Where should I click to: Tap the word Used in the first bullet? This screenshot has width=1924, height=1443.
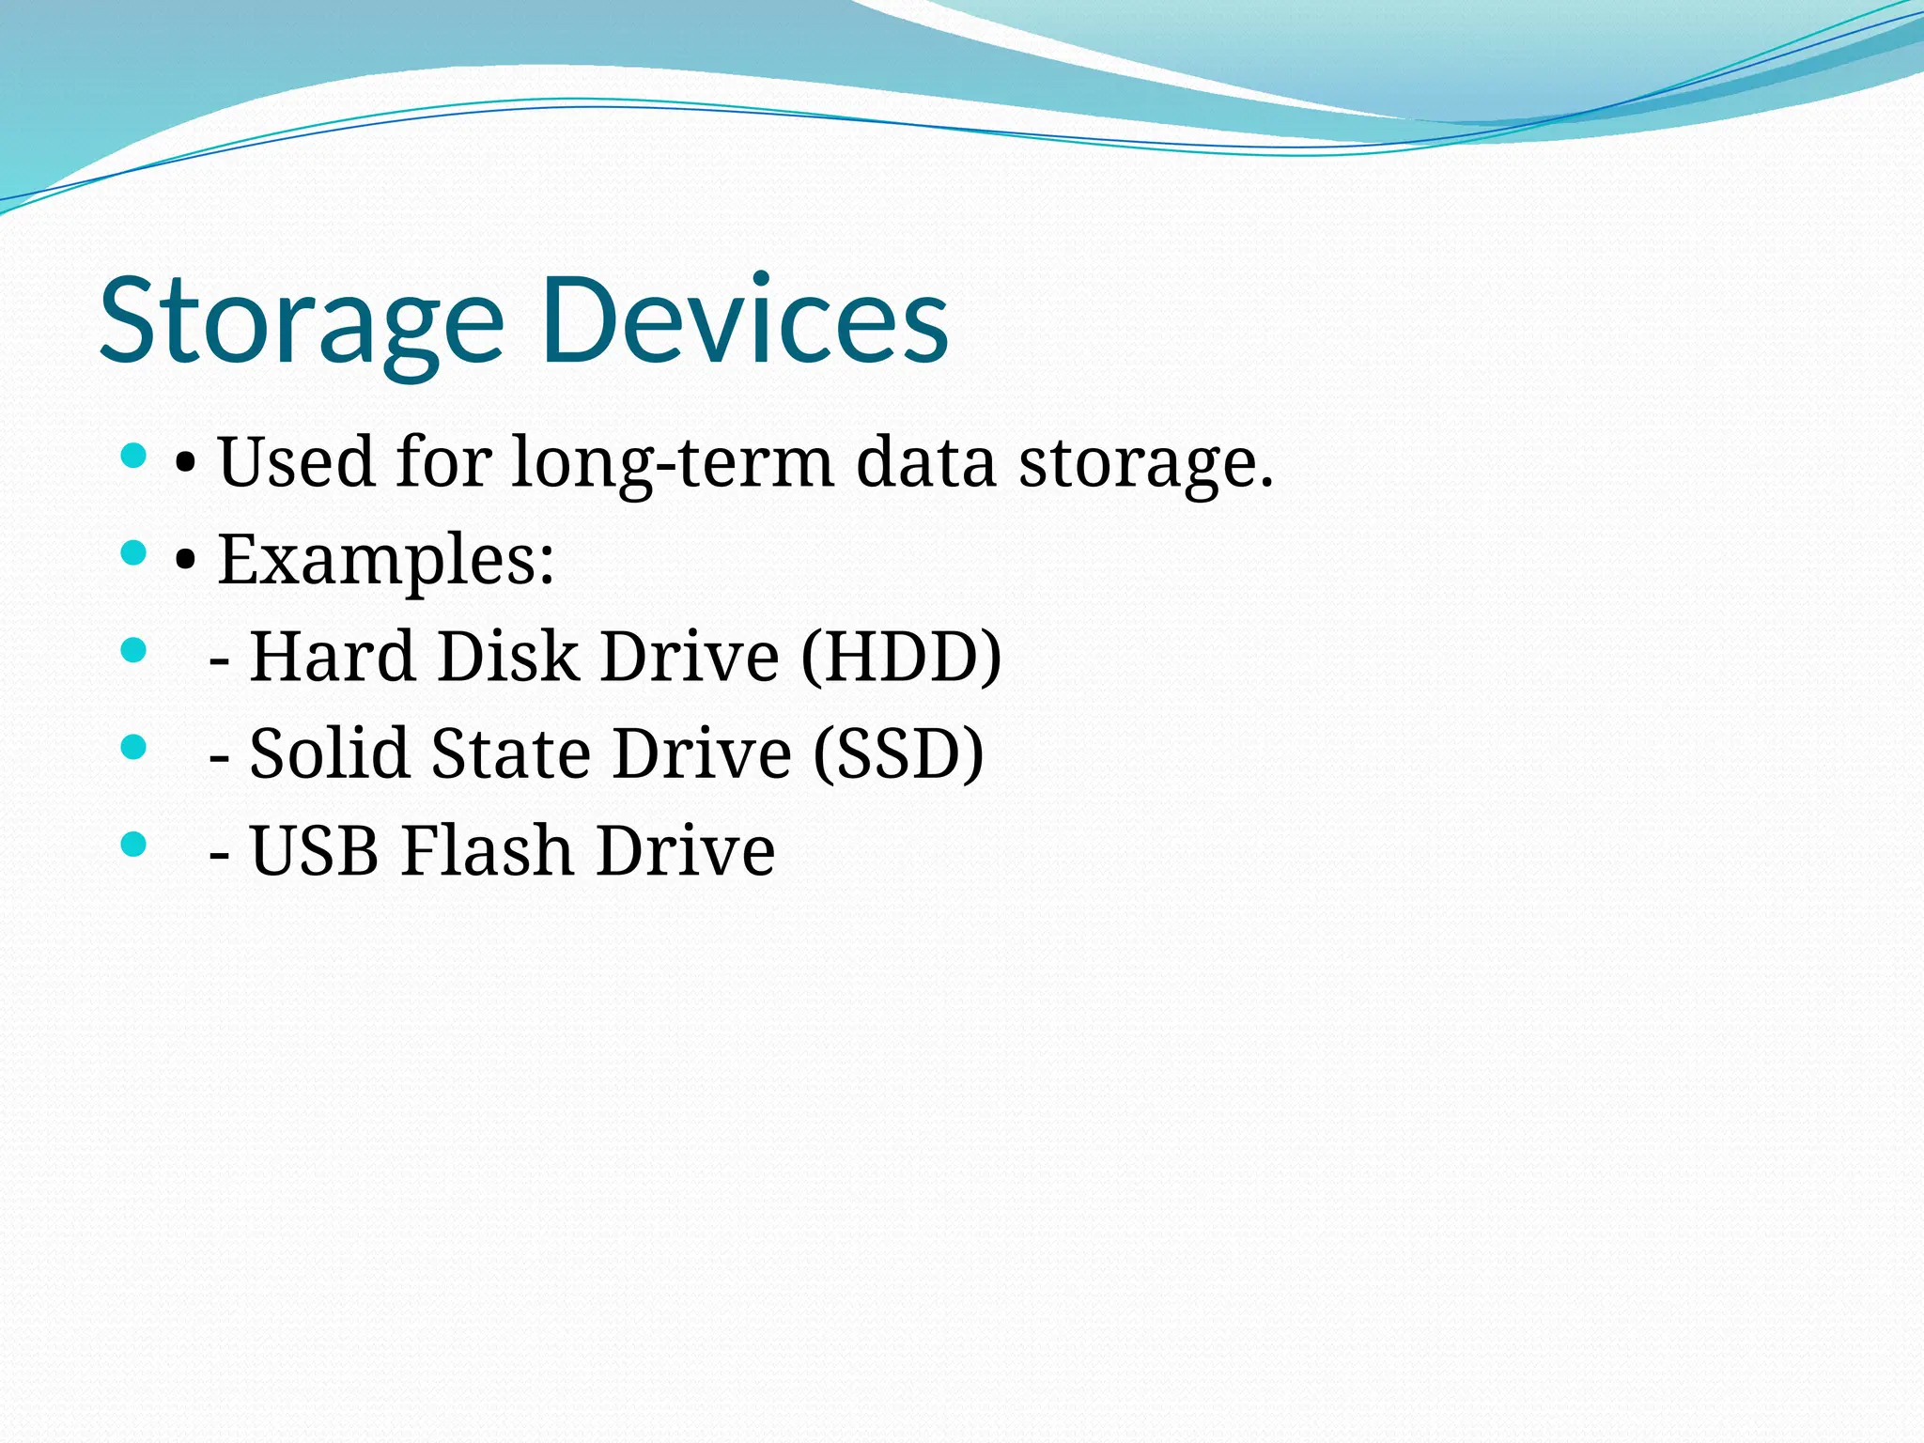click(x=296, y=462)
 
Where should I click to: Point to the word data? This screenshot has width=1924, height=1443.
click(x=925, y=462)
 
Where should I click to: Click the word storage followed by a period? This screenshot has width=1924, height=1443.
click(x=1146, y=464)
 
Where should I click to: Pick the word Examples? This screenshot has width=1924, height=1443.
click(x=386, y=561)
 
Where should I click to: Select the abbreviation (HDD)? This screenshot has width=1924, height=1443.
click(x=901, y=657)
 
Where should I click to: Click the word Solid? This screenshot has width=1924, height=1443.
click(x=329, y=753)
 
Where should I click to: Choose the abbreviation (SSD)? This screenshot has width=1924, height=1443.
click(x=897, y=754)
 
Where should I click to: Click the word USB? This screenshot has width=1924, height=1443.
click(x=315, y=851)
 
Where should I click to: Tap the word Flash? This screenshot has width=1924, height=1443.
click(x=488, y=851)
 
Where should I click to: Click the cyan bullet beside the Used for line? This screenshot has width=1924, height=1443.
click(x=134, y=457)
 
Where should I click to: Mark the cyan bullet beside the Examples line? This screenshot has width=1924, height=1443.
click(x=134, y=553)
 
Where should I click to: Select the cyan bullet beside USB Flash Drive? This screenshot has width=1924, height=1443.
click(x=134, y=844)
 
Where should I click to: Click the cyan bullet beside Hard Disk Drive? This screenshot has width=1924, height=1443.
click(x=134, y=650)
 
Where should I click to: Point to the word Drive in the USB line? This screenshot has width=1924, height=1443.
click(x=685, y=851)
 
